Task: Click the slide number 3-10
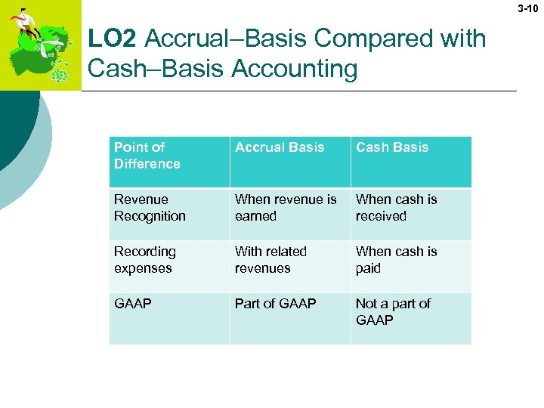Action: [x=528, y=9]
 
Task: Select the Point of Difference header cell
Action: [x=147, y=156]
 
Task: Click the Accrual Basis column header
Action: [x=280, y=147]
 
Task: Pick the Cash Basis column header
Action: [x=392, y=147]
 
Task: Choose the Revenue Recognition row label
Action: [x=150, y=208]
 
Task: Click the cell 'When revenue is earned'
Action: [x=286, y=208]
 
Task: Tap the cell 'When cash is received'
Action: [x=397, y=208]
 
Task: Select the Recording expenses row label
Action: [x=145, y=260]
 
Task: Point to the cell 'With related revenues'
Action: [x=270, y=260]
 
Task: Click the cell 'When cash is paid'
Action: [x=397, y=260]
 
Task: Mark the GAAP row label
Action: [x=133, y=304]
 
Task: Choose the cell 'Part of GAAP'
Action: [x=276, y=304]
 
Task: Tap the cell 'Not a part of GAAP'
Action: [x=393, y=312]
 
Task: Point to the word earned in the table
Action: [x=256, y=216]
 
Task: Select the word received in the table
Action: [x=381, y=216]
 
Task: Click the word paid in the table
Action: [x=368, y=268]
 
